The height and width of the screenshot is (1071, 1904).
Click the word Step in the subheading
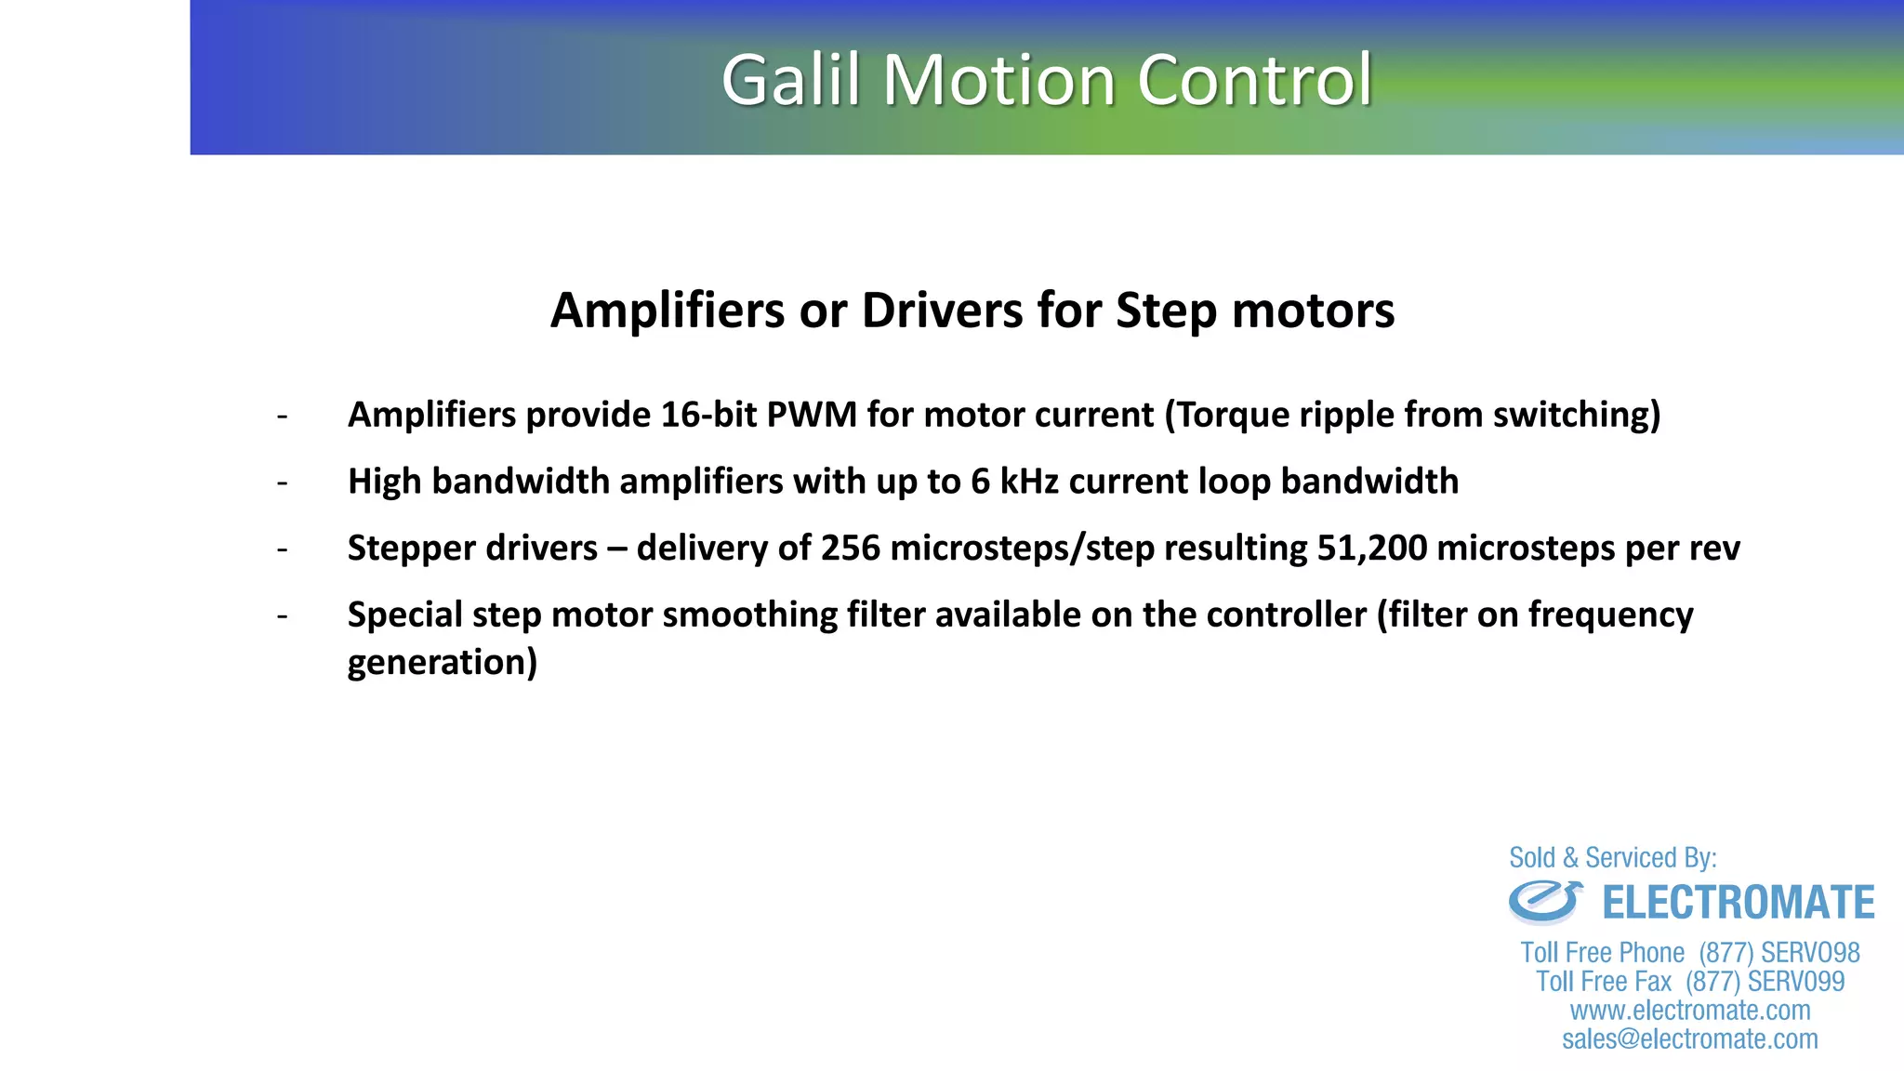(x=1166, y=311)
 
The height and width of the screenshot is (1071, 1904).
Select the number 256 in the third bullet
(x=850, y=549)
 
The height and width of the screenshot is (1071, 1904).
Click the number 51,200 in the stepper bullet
(x=1371, y=549)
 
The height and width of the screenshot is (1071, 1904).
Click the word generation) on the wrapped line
(x=443, y=663)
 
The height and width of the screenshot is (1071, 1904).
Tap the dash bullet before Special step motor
(x=282, y=616)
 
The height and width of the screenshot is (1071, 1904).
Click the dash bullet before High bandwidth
(x=282, y=483)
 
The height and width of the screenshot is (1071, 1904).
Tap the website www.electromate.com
(x=1690, y=1011)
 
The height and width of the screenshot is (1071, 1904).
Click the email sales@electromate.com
(x=1690, y=1039)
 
